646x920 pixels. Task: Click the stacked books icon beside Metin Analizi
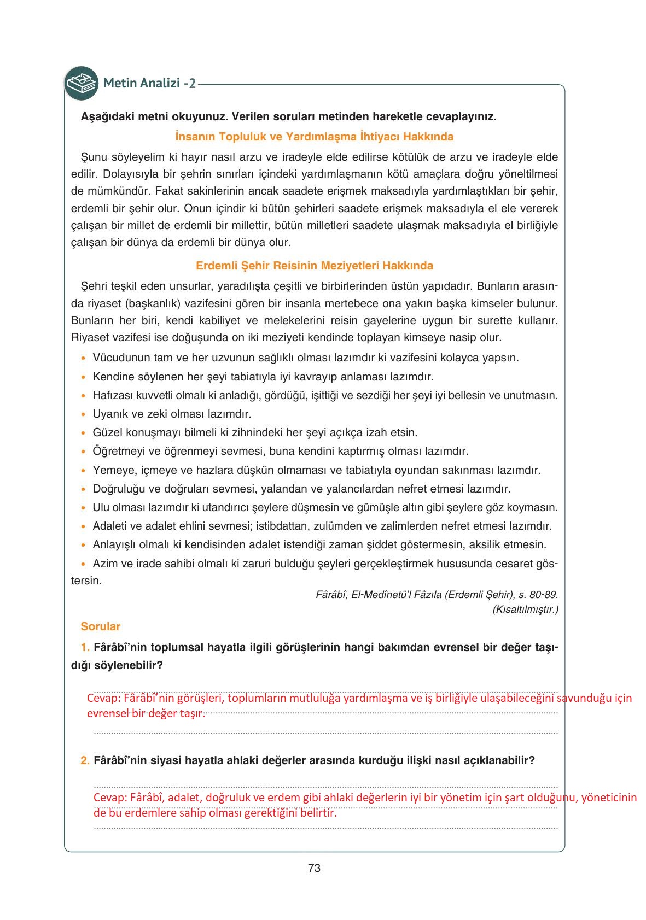tap(81, 83)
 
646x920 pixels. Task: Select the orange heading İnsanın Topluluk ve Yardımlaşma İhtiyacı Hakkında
tap(314, 137)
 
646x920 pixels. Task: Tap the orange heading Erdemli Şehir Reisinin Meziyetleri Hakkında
tap(314, 266)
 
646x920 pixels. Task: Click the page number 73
tap(314, 868)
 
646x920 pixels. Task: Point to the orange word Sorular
tap(100, 626)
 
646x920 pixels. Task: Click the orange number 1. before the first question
tap(85, 648)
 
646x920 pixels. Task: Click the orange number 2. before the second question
tap(85, 760)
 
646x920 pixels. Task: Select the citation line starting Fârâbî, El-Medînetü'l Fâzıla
tap(437, 595)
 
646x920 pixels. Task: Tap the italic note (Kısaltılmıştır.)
tap(525, 609)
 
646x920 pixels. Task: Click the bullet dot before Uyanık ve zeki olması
tap(83, 415)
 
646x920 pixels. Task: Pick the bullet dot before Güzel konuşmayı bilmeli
tap(83, 433)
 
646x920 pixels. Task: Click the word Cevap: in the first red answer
tap(103, 698)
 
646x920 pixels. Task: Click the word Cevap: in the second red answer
tap(110, 798)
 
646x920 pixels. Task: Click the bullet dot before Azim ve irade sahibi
tap(83, 564)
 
